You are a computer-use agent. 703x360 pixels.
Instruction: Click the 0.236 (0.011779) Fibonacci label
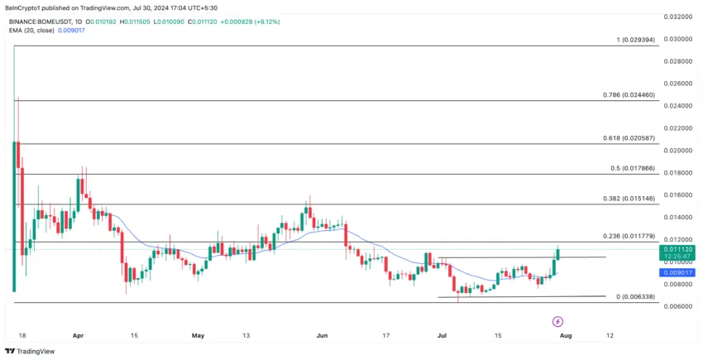(x=629, y=237)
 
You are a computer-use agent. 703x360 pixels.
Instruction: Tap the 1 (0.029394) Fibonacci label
(x=635, y=40)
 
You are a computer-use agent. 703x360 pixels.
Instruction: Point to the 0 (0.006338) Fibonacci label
(x=635, y=296)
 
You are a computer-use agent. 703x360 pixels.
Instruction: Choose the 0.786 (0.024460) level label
(x=629, y=95)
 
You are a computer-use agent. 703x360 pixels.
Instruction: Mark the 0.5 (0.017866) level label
(x=632, y=168)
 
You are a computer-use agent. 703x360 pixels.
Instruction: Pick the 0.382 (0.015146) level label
(x=629, y=199)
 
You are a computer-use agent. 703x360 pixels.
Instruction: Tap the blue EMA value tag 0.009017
(x=677, y=272)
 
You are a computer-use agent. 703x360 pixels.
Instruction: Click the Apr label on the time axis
(x=79, y=336)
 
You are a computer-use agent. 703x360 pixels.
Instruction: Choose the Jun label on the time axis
(x=322, y=336)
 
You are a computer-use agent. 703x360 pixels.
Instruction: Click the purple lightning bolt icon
(x=557, y=320)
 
